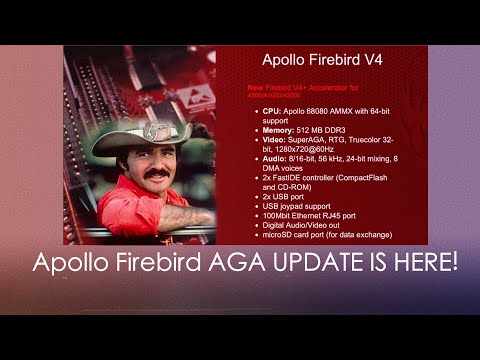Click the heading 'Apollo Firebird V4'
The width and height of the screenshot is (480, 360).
(321, 60)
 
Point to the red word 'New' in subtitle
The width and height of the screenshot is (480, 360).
(255, 88)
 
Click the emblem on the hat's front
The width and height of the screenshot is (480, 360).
(156, 130)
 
